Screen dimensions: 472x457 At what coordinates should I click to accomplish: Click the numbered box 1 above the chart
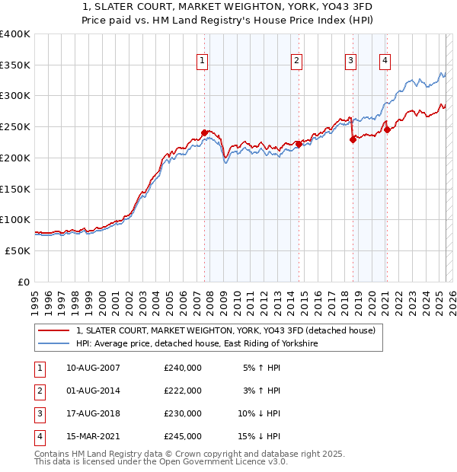[x=203, y=62]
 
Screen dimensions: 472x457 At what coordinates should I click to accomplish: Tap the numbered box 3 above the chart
[x=350, y=62]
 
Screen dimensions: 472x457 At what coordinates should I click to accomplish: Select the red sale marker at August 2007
[x=204, y=132]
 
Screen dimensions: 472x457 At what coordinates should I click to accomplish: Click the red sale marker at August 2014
[x=299, y=144]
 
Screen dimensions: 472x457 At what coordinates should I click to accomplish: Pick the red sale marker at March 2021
[x=387, y=129]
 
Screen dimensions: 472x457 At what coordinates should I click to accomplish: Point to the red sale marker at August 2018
[x=353, y=139]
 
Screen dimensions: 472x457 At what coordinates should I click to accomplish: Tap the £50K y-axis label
[x=18, y=250]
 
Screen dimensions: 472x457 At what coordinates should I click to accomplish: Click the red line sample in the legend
[x=54, y=331]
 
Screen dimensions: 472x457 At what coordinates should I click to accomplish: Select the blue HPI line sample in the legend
[x=54, y=344]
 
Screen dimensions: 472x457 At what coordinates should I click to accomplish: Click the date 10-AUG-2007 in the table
[x=94, y=368]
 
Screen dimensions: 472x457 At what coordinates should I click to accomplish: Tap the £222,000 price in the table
[x=183, y=391]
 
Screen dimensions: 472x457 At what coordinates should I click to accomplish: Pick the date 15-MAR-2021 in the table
[x=94, y=436]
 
